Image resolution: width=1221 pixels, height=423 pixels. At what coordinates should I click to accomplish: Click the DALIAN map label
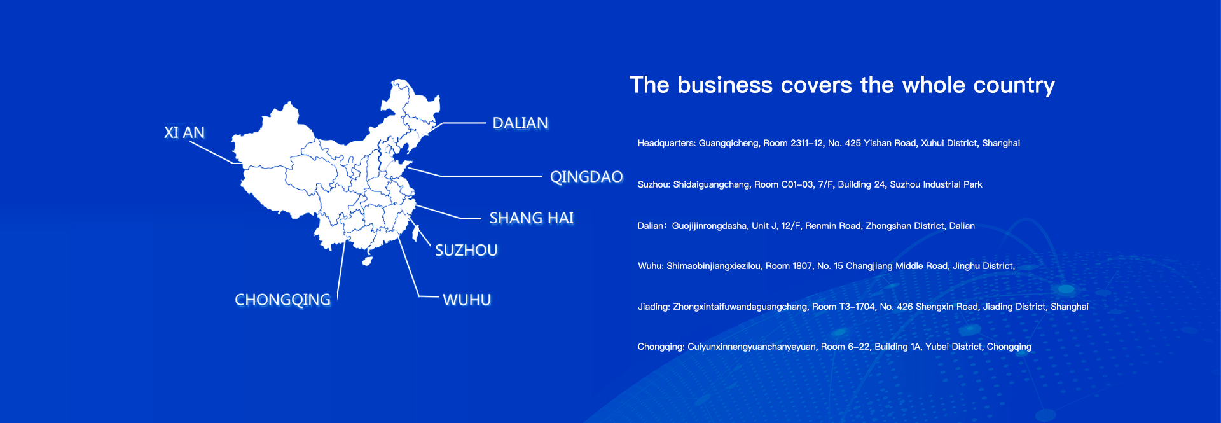(520, 123)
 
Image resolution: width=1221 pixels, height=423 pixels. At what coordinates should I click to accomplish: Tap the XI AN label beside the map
(184, 132)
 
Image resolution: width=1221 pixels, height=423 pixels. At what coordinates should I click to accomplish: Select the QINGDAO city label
(586, 177)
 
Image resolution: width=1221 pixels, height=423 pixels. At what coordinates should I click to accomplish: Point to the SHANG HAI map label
(532, 218)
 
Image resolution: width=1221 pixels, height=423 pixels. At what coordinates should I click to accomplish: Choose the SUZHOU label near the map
(466, 250)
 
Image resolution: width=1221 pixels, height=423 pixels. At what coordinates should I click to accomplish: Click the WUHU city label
(467, 300)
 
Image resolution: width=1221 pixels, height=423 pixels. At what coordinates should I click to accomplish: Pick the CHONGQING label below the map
(282, 300)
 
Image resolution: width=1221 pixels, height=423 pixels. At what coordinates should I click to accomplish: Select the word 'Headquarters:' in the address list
(666, 143)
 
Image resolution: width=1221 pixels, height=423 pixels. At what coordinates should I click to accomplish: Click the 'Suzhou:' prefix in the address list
(654, 184)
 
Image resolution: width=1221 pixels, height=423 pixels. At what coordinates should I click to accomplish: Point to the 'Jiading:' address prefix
(654, 307)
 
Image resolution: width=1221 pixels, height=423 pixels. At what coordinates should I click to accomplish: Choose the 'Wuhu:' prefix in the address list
(651, 266)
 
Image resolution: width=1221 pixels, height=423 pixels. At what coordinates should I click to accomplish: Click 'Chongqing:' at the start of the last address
(661, 347)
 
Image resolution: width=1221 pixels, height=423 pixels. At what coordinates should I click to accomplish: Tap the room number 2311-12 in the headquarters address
(806, 143)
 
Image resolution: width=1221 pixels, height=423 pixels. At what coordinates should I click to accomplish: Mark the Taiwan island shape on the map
(416, 233)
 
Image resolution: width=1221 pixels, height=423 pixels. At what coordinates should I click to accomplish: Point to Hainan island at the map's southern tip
(367, 260)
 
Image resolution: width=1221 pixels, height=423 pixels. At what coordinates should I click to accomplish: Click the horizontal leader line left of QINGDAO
(491, 176)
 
